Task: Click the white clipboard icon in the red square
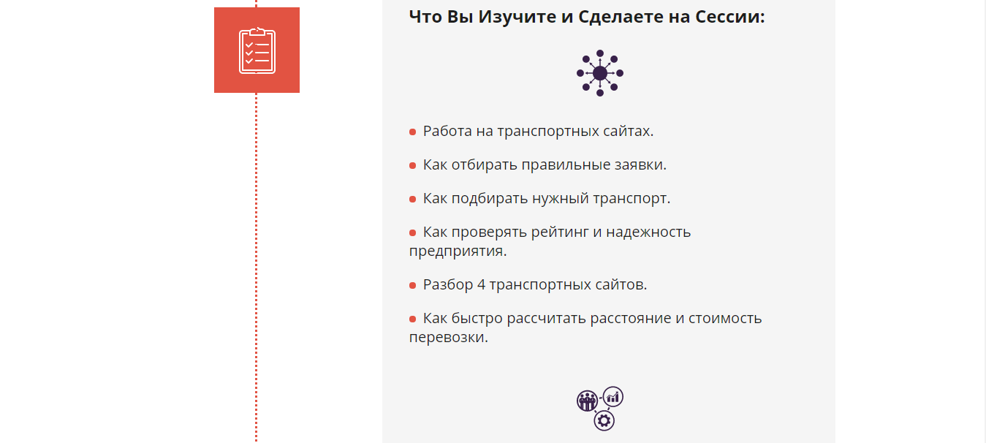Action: click(257, 50)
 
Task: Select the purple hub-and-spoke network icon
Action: click(600, 72)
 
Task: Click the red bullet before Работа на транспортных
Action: click(412, 132)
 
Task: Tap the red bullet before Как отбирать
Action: click(412, 165)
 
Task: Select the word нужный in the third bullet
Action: click(561, 199)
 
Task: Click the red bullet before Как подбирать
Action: click(412, 199)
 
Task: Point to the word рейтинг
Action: click(559, 232)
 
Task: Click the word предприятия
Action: click(458, 251)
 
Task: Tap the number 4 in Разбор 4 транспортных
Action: click(481, 284)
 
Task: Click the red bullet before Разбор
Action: click(412, 285)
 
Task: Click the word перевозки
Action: click(448, 337)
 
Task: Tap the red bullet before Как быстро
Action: click(412, 319)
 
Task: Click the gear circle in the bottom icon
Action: click(604, 420)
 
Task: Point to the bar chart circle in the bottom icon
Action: click(613, 397)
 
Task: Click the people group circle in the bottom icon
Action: click(587, 401)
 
